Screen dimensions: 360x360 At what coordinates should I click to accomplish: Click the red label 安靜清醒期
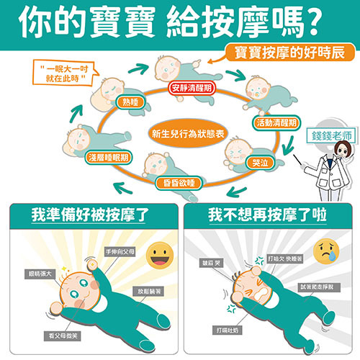pos(192,88)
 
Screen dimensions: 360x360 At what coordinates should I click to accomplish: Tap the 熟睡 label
pos(130,102)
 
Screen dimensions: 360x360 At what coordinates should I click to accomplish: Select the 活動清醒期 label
pos(276,123)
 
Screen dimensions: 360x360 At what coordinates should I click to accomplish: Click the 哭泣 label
pos(260,163)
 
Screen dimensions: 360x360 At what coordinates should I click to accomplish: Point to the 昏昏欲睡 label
pos(179,183)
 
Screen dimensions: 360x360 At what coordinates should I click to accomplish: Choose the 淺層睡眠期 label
pos(109,158)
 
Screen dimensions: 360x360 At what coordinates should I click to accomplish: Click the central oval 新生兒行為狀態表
pos(188,133)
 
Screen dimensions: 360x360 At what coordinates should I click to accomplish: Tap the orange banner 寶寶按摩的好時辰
pos(289,53)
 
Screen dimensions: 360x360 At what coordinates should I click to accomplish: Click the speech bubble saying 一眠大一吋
pos(64,73)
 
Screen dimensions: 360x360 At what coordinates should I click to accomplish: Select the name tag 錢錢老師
pos(331,136)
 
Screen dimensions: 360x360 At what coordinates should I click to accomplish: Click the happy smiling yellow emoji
pos(160,255)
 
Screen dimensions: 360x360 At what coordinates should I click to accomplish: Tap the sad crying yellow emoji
pos(326,252)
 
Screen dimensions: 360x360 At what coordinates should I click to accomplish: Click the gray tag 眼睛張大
pos(40,274)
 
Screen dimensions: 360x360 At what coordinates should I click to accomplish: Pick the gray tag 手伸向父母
pos(120,252)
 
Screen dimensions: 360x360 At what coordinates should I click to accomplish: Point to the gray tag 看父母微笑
pos(62,336)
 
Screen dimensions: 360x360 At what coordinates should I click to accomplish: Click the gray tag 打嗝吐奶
pos(228,330)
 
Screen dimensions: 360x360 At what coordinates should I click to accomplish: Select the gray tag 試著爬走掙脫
pos(318,287)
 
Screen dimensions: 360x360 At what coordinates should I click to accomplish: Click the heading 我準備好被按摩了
pos(90,215)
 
